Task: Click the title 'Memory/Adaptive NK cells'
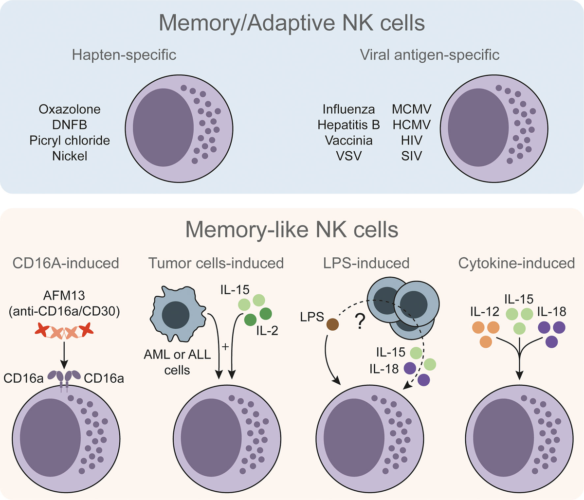pos(292,23)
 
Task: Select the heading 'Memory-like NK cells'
pos(292,229)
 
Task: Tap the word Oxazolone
pos(70,109)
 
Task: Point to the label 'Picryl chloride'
pos(70,141)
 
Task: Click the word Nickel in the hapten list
pos(70,156)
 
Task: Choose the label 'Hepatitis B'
pos(348,125)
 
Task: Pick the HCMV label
pos(412,125)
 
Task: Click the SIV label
pos(412,156)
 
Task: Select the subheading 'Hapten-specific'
pos(124,54)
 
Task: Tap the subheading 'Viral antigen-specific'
pos(430,54)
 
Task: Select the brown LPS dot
pos(333,324)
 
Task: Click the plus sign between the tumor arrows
pos(225,347)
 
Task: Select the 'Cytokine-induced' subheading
pos(516,263)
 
